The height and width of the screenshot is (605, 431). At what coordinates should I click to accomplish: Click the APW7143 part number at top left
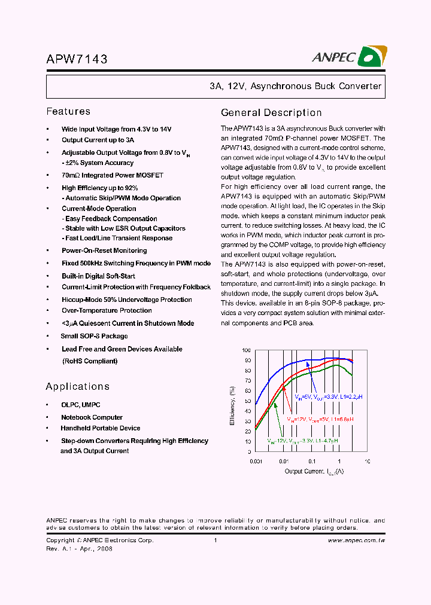pyautogui.click(x=77, y=59)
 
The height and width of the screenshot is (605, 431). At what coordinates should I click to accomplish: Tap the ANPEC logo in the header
pyautogui.click(x=349, y=57)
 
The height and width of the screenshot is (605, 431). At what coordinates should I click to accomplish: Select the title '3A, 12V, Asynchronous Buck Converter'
pyautogui.click(x=295, y=86)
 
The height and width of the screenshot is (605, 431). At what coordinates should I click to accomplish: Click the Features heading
pyautogui.click(x=68, y=112)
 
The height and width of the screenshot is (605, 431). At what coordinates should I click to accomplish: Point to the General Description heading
pyautogui.click(x=271, y=113)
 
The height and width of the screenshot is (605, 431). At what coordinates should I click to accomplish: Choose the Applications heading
pyautogui.click(x=77, y=387)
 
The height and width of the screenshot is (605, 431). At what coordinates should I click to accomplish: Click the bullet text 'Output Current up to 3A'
pyautogui.click(x=98, y=140)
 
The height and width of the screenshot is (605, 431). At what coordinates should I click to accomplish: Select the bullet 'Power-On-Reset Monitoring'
pyautogui.click(x=104, y=250)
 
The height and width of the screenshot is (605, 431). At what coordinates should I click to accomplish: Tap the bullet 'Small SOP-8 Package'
pyautogui.click(x=94, y=336)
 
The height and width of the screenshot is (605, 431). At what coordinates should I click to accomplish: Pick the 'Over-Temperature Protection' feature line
pyautogui.click(x=107, y=310)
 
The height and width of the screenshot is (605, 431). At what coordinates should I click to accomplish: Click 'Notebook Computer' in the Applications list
pyautogui.click(x=92, y=417)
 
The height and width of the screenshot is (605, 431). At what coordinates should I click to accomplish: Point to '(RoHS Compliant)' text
pyautogui.click(x=90, y=361)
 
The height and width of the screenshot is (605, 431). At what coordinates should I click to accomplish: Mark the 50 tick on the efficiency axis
pyautogui.click(x=248, y=401)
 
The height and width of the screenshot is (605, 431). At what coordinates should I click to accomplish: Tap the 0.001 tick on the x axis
pyautogui.click(x=256, y=462)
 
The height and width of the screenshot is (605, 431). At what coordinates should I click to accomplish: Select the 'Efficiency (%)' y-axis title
pyautogui.click(x=232, y=406)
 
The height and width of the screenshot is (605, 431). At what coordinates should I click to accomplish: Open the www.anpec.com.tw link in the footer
pyautogui.click(x=356, y=540)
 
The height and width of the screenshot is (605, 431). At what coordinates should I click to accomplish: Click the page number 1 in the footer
pyautogui.click(x=215, y=540)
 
